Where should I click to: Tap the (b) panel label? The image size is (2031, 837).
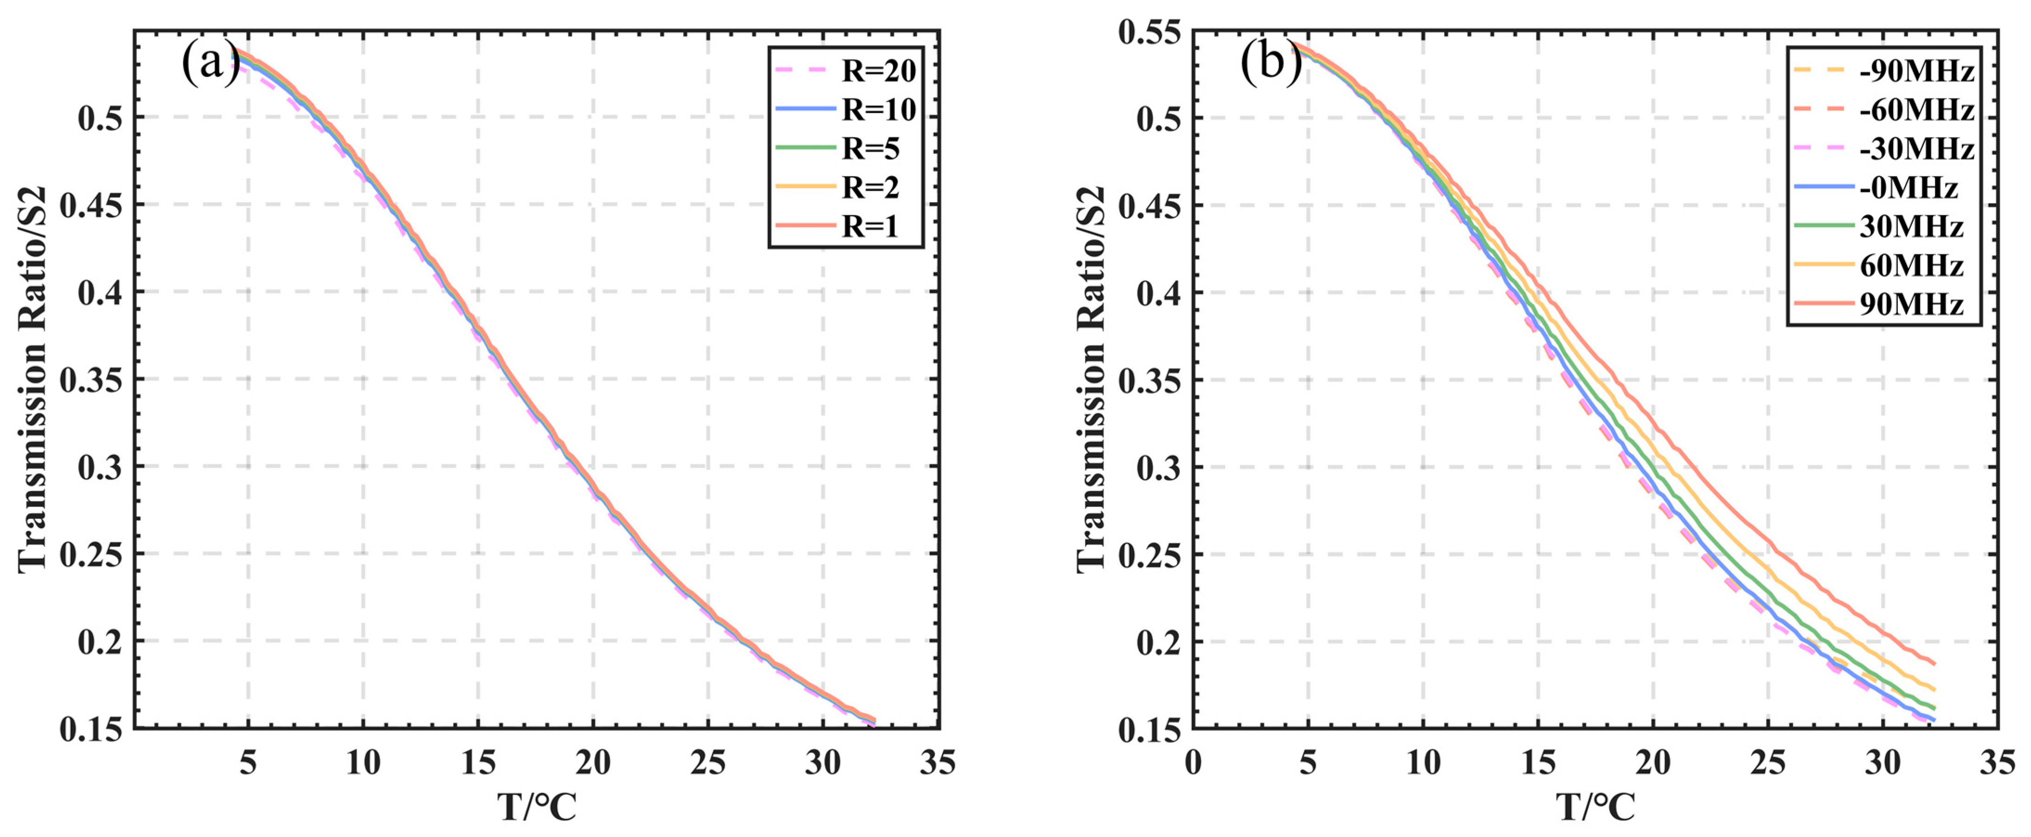pyautogui.click(x=1270, y=63)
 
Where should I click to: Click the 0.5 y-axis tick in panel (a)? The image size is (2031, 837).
pyautogui.click(x=100, y=118)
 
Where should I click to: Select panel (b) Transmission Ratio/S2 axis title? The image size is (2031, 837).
pyautogui.click(x=1092, y=378)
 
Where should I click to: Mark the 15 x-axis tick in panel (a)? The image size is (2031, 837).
pyautogui.click(x=478, y=762)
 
